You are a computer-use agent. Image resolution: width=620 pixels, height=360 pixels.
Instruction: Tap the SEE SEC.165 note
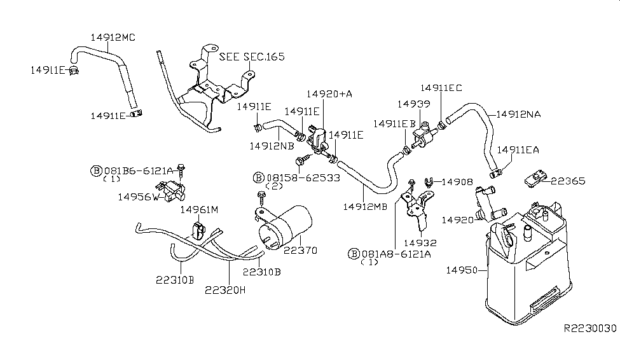pos(252,57)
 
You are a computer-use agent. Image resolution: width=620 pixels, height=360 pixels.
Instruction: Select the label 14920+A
pos(329,93)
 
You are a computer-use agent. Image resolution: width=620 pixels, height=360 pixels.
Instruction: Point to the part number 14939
pos(414,103)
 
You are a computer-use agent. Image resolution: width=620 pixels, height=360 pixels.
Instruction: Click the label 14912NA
pos(518,114)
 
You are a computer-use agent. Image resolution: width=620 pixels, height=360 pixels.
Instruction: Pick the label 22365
pos(568,181)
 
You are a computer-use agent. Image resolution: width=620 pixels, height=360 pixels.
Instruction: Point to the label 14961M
pos(199,210)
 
